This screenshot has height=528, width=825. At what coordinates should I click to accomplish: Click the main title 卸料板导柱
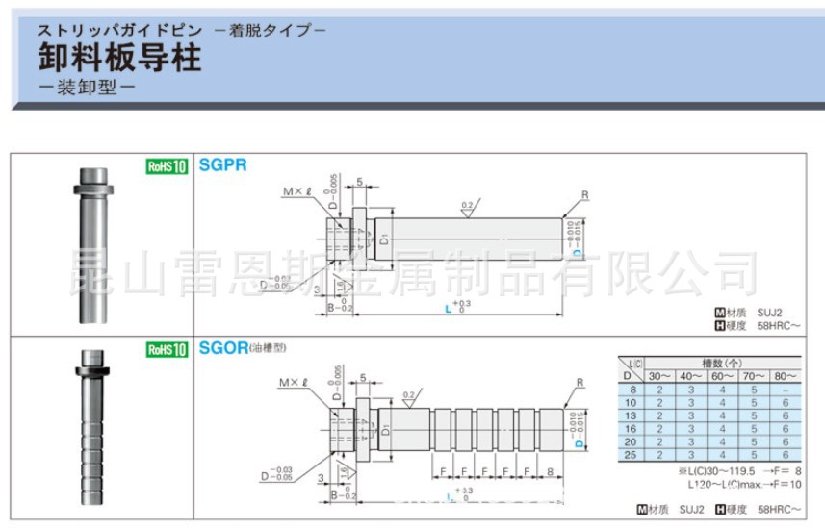[x=119, y=60]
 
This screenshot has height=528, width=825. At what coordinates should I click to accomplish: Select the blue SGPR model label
[x=222, y=164]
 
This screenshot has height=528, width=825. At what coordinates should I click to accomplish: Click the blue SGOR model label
[x=223, y=347]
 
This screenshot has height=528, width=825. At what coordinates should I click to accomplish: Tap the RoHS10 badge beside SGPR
[x=167, y=165]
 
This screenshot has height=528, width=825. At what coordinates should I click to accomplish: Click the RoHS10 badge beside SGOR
[x=167, y=349]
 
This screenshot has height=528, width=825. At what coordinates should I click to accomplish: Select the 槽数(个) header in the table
[x=723, y=363]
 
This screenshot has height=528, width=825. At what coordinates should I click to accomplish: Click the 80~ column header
[x=786, y=376]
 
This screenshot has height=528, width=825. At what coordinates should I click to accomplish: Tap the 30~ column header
[x=659, y=376]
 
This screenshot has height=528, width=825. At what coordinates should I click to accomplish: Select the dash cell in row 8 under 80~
[x=786, y=389]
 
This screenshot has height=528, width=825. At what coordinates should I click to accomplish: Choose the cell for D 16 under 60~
[x=722, y=428]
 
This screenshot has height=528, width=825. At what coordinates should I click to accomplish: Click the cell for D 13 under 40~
[x=691, y=415]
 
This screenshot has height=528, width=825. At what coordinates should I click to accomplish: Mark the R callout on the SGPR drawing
[x=584, y=195]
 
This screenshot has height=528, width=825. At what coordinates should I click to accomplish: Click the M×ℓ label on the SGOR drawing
[x=291, y=383]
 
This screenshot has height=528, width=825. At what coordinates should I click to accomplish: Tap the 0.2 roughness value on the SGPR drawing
[x=468, y=205]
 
